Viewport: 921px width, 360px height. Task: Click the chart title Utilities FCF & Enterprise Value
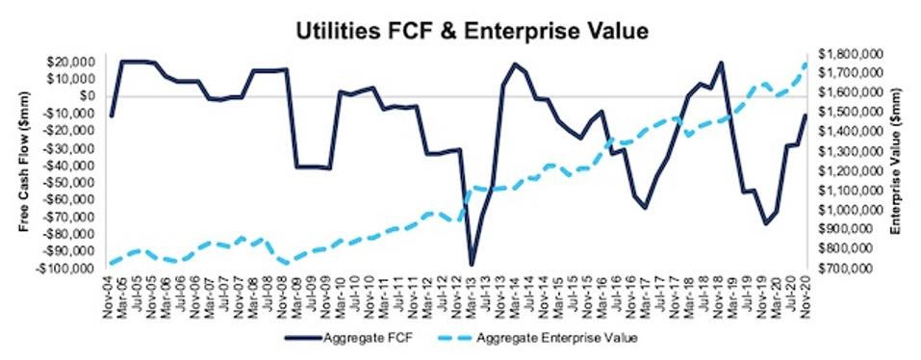pyautogui.click(x=459, y=31)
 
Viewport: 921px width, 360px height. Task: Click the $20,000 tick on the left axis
pyautogui.click(x=82, y=62)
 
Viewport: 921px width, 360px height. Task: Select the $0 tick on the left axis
pyautogui.click(x=94, y=96)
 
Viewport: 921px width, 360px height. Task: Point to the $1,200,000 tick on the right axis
pyautogui.click(x=848, y=170)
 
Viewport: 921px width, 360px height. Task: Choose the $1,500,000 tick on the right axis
pyautogui.click(x=848, y=113)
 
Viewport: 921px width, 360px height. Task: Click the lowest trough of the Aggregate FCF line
pyautogui.click(x=473, y=264)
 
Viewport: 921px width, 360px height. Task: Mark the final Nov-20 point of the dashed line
pyautogui.click(x=806, y=64)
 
